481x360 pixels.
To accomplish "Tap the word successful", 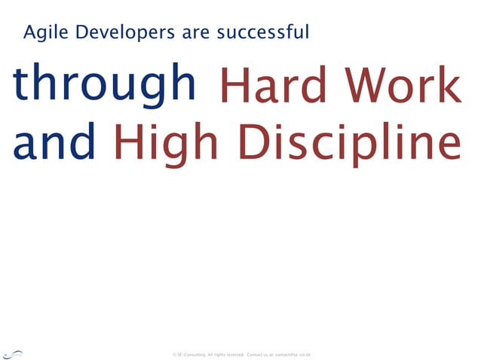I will pyautogui.click(x=262, y=33).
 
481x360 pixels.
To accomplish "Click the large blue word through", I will pyautogui.click(x=103, y=84).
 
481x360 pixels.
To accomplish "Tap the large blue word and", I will pyautogui.click(x=54, y=142).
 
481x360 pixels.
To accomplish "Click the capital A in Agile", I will pyautogui.click(x=30, y=33).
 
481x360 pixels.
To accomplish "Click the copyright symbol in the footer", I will pyautogui.click(x=174, y=354).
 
